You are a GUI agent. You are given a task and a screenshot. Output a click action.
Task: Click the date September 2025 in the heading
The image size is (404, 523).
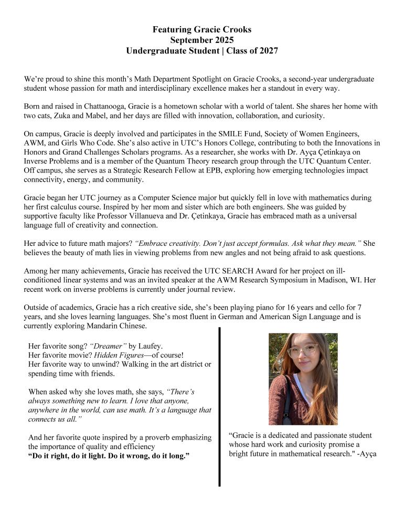pos(202,40)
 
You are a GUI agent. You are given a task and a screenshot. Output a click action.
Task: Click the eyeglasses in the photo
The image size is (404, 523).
pos(303,351)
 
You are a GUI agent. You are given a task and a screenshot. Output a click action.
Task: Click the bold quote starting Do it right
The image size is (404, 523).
pos(109,456)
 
